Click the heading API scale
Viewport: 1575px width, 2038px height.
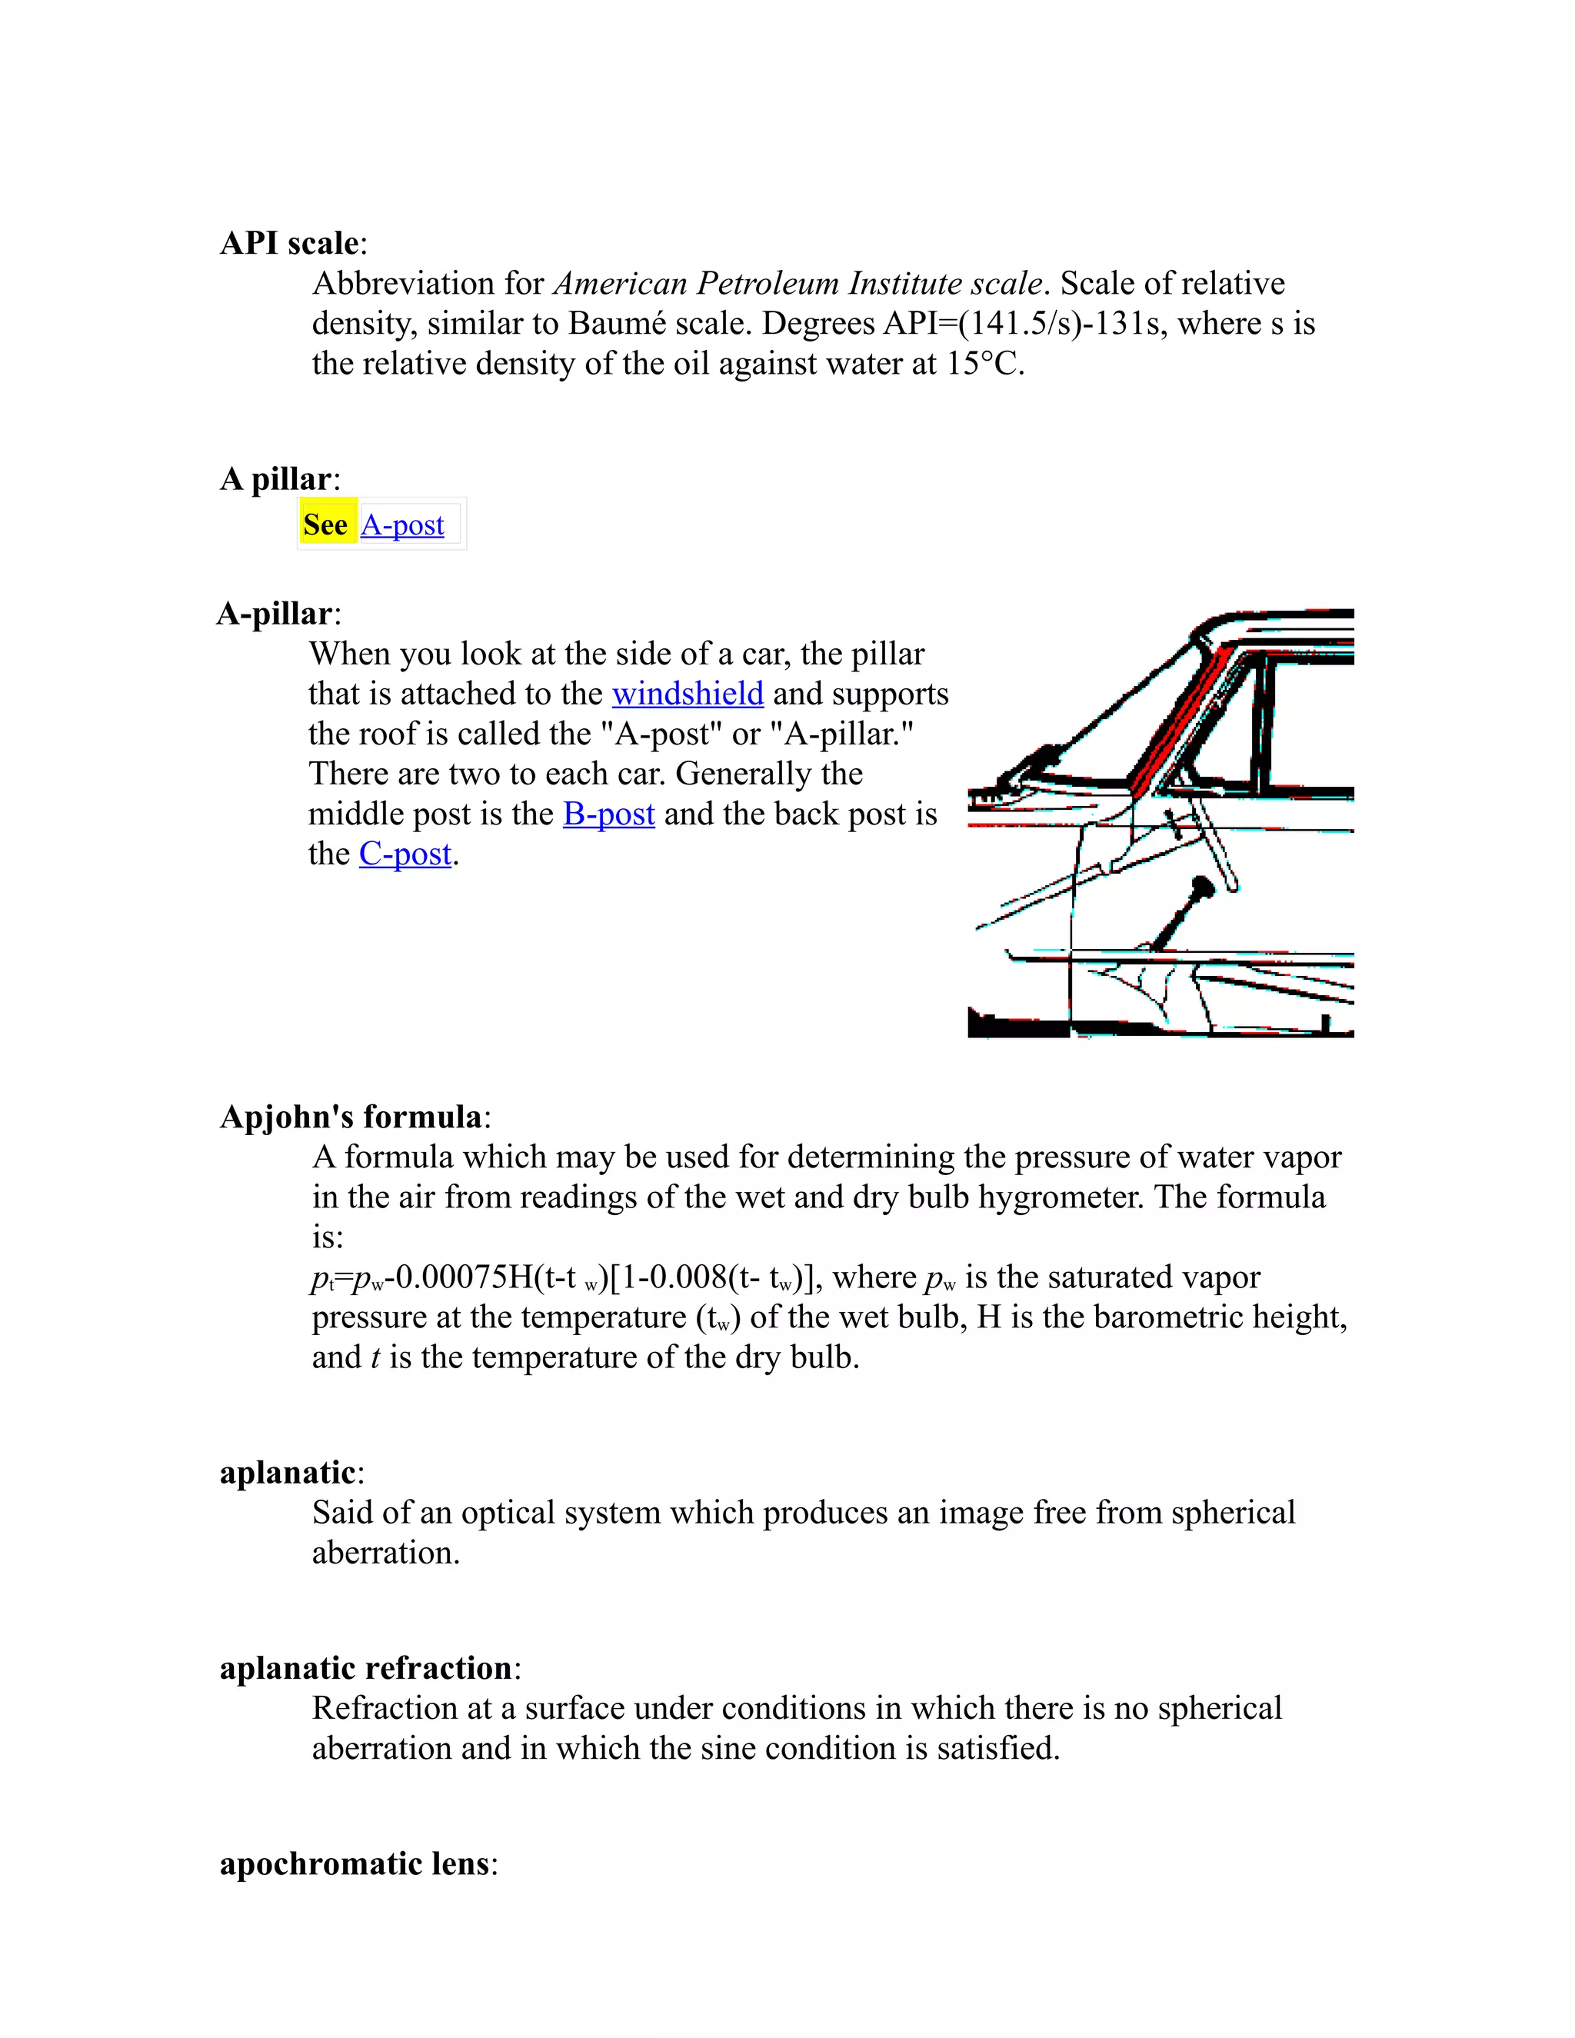click(288, 244)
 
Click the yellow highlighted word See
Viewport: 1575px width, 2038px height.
click(325, 524)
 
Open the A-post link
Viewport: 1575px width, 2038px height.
click(402, 525)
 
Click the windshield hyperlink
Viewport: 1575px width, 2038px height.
click(688, 694)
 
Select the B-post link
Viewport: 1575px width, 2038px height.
click(608, 814)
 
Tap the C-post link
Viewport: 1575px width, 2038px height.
click(405, 854)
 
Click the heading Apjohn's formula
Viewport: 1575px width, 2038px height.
click(351, 1117)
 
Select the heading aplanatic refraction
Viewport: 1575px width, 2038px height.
click(366, 1667)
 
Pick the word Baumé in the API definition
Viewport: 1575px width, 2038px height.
click(617, 324)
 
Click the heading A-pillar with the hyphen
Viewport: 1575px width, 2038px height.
click(275, 614)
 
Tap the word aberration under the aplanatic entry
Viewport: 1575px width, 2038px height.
click(385, 1553)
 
